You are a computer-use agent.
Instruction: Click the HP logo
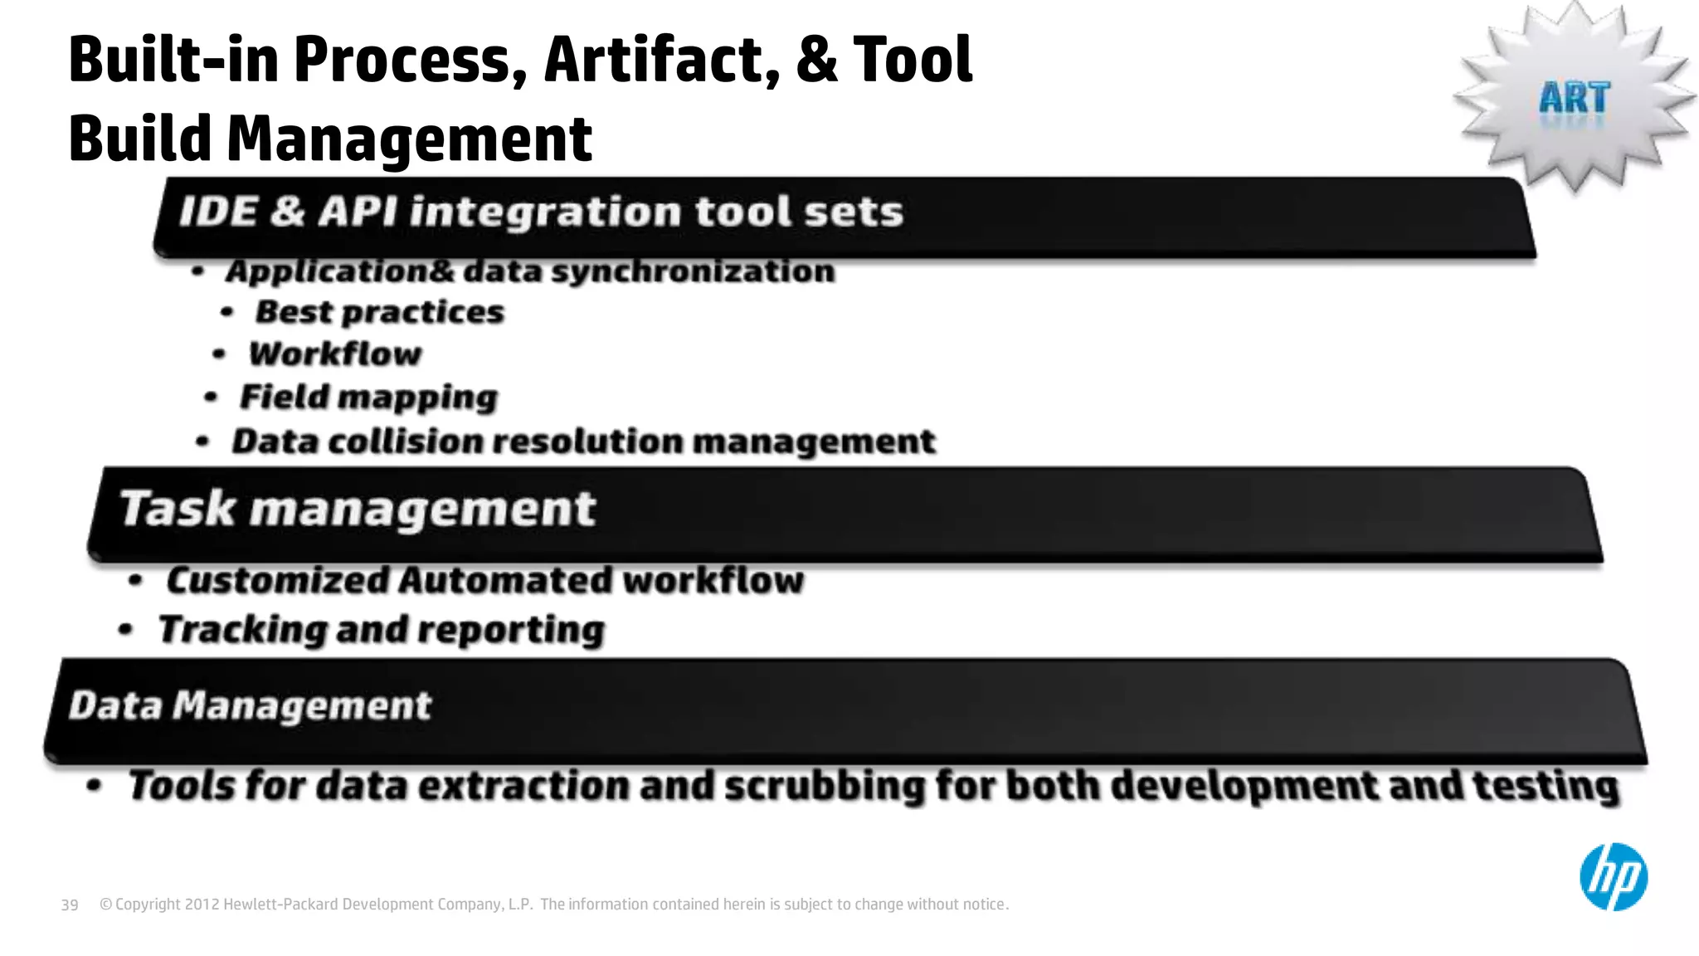(1613, 877)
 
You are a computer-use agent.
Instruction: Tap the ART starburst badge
(1574, 98)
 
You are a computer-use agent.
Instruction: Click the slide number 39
(70, 905)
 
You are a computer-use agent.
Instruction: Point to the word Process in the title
(410, 60)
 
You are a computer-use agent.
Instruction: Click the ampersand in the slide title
(816, 60)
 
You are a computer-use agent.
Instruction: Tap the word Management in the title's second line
(409, 139)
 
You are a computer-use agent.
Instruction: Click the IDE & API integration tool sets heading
(541, 212)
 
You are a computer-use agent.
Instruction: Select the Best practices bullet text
(379, 312)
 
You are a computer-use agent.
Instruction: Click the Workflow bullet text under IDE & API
(335, 354)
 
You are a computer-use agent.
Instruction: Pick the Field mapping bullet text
(368, 398)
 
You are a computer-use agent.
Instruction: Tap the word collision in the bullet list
(405, 441)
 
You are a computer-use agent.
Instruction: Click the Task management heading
(358, 509)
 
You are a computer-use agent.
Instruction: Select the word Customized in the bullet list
(277, 580)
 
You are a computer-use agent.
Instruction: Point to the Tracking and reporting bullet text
(382, 630)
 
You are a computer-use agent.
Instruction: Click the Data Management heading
(250, 706)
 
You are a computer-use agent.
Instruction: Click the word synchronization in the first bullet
(693, 271)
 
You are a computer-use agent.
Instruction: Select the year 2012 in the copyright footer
(202, 905)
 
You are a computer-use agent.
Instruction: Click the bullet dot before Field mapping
(211, 398)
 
